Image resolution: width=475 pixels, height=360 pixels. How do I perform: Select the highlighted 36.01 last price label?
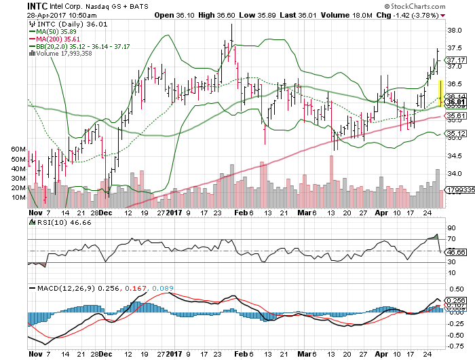click(455, 102)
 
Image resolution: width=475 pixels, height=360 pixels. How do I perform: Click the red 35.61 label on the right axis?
click(455, 117)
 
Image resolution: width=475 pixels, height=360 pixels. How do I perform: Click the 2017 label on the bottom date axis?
click(175, 354)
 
